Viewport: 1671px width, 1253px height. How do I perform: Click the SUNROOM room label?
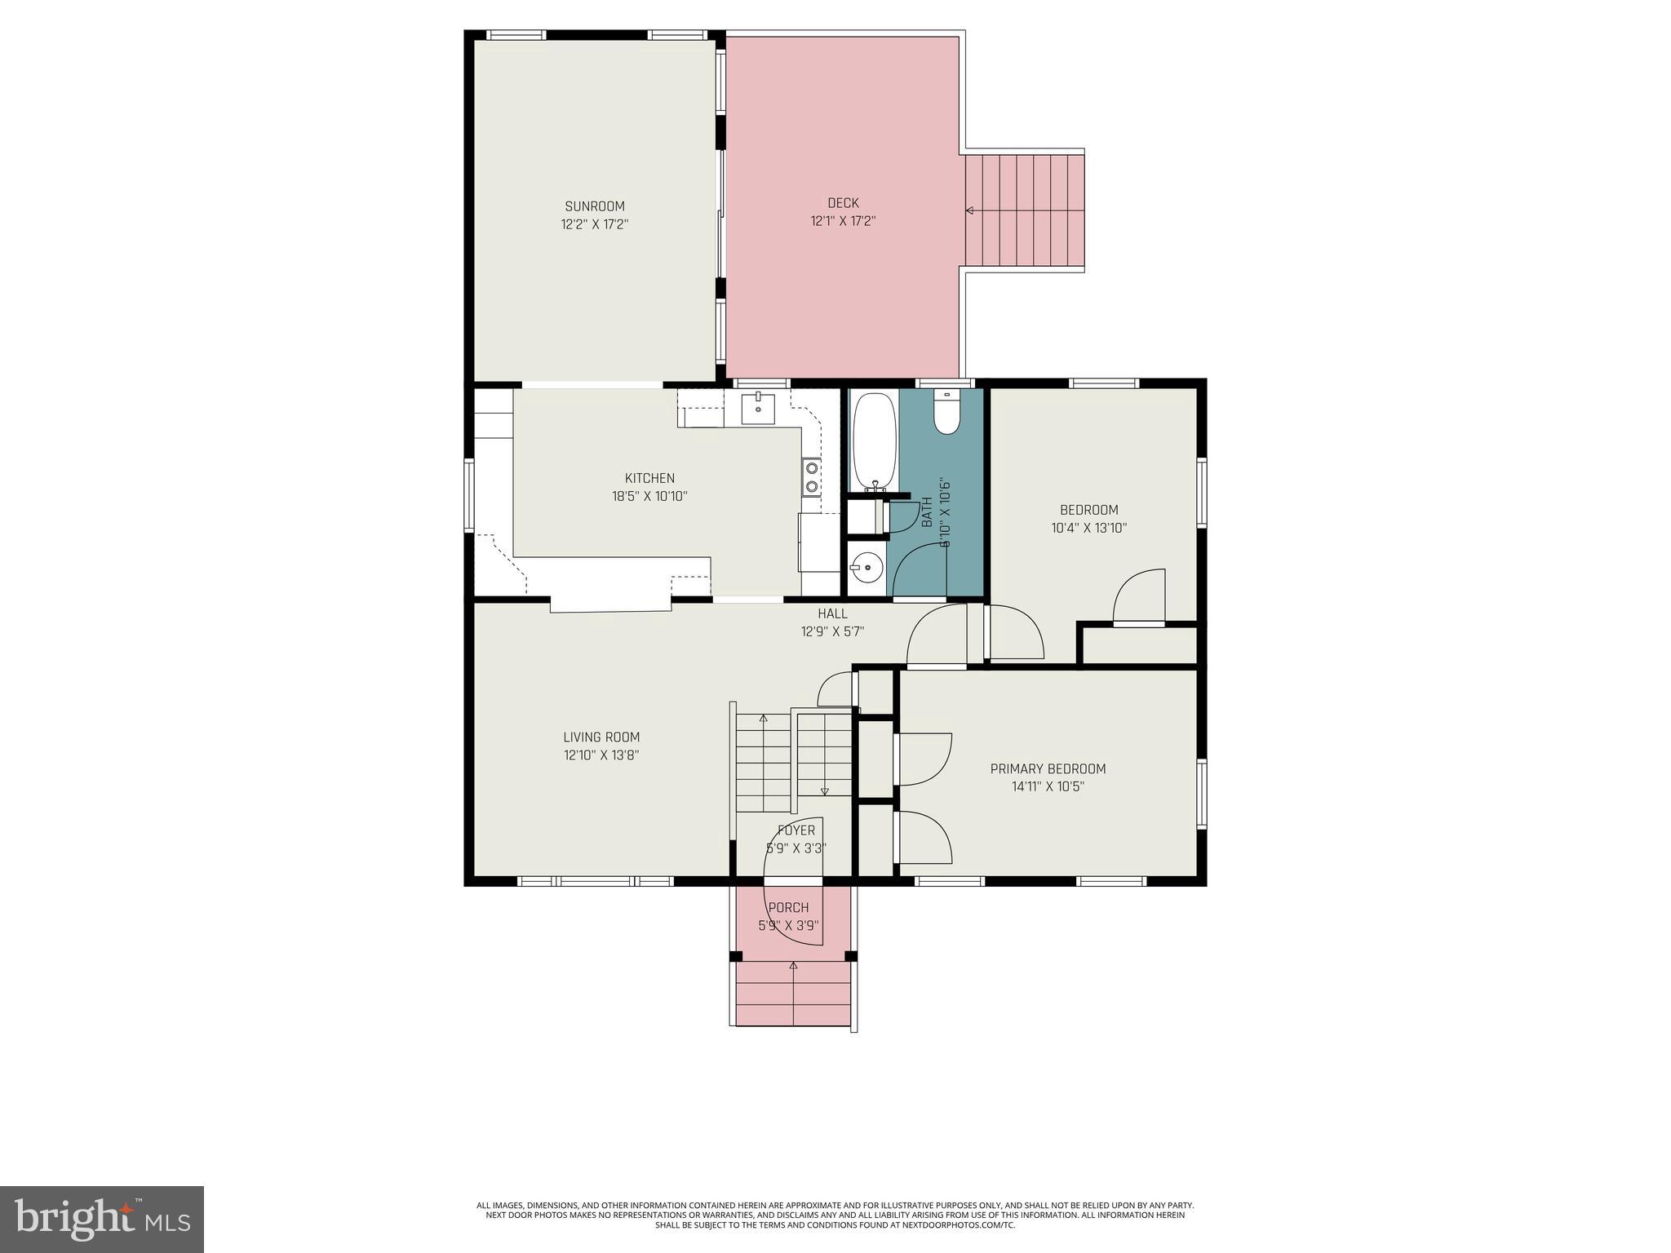(595, 206)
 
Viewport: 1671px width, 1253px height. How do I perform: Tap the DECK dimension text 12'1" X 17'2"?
(843, 221)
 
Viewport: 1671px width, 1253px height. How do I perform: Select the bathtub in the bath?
(873, 441)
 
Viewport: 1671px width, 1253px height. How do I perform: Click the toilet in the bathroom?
(947, 415)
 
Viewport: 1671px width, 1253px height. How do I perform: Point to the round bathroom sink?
(867, 565)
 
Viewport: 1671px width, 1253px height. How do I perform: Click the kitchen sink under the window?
(758, 408)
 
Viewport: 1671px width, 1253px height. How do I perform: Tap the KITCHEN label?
(649, 478)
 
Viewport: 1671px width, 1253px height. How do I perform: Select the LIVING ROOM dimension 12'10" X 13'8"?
(601, 755)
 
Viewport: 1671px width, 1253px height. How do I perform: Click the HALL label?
(832, 613)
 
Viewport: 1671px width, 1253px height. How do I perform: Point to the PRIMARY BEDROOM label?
(1048, 768)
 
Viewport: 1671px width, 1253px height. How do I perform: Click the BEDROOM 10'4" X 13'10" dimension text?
(1088, 528)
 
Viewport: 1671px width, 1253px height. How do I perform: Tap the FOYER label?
(796, 830)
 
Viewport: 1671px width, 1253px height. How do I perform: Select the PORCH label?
(788, 907)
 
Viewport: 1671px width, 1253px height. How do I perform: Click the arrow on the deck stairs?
(970, 210)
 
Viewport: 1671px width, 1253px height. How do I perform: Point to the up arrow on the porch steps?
(793, 967)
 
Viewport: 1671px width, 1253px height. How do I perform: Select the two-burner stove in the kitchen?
(812, 477)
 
